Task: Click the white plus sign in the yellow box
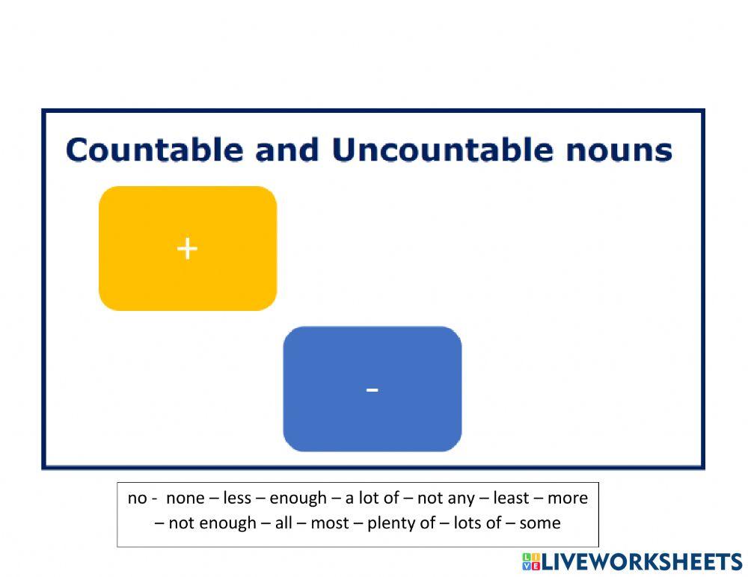click(187, 248)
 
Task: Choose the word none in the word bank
click(185, 498)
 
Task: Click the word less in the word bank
click(237, 498)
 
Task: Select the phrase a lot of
click(372, 498)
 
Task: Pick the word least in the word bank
click(511, 498)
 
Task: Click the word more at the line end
click(568, 498)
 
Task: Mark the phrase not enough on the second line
click(212, 523)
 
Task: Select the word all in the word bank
click(283, 523)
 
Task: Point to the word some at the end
click(539, 523)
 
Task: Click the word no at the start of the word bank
click(137, 498)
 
